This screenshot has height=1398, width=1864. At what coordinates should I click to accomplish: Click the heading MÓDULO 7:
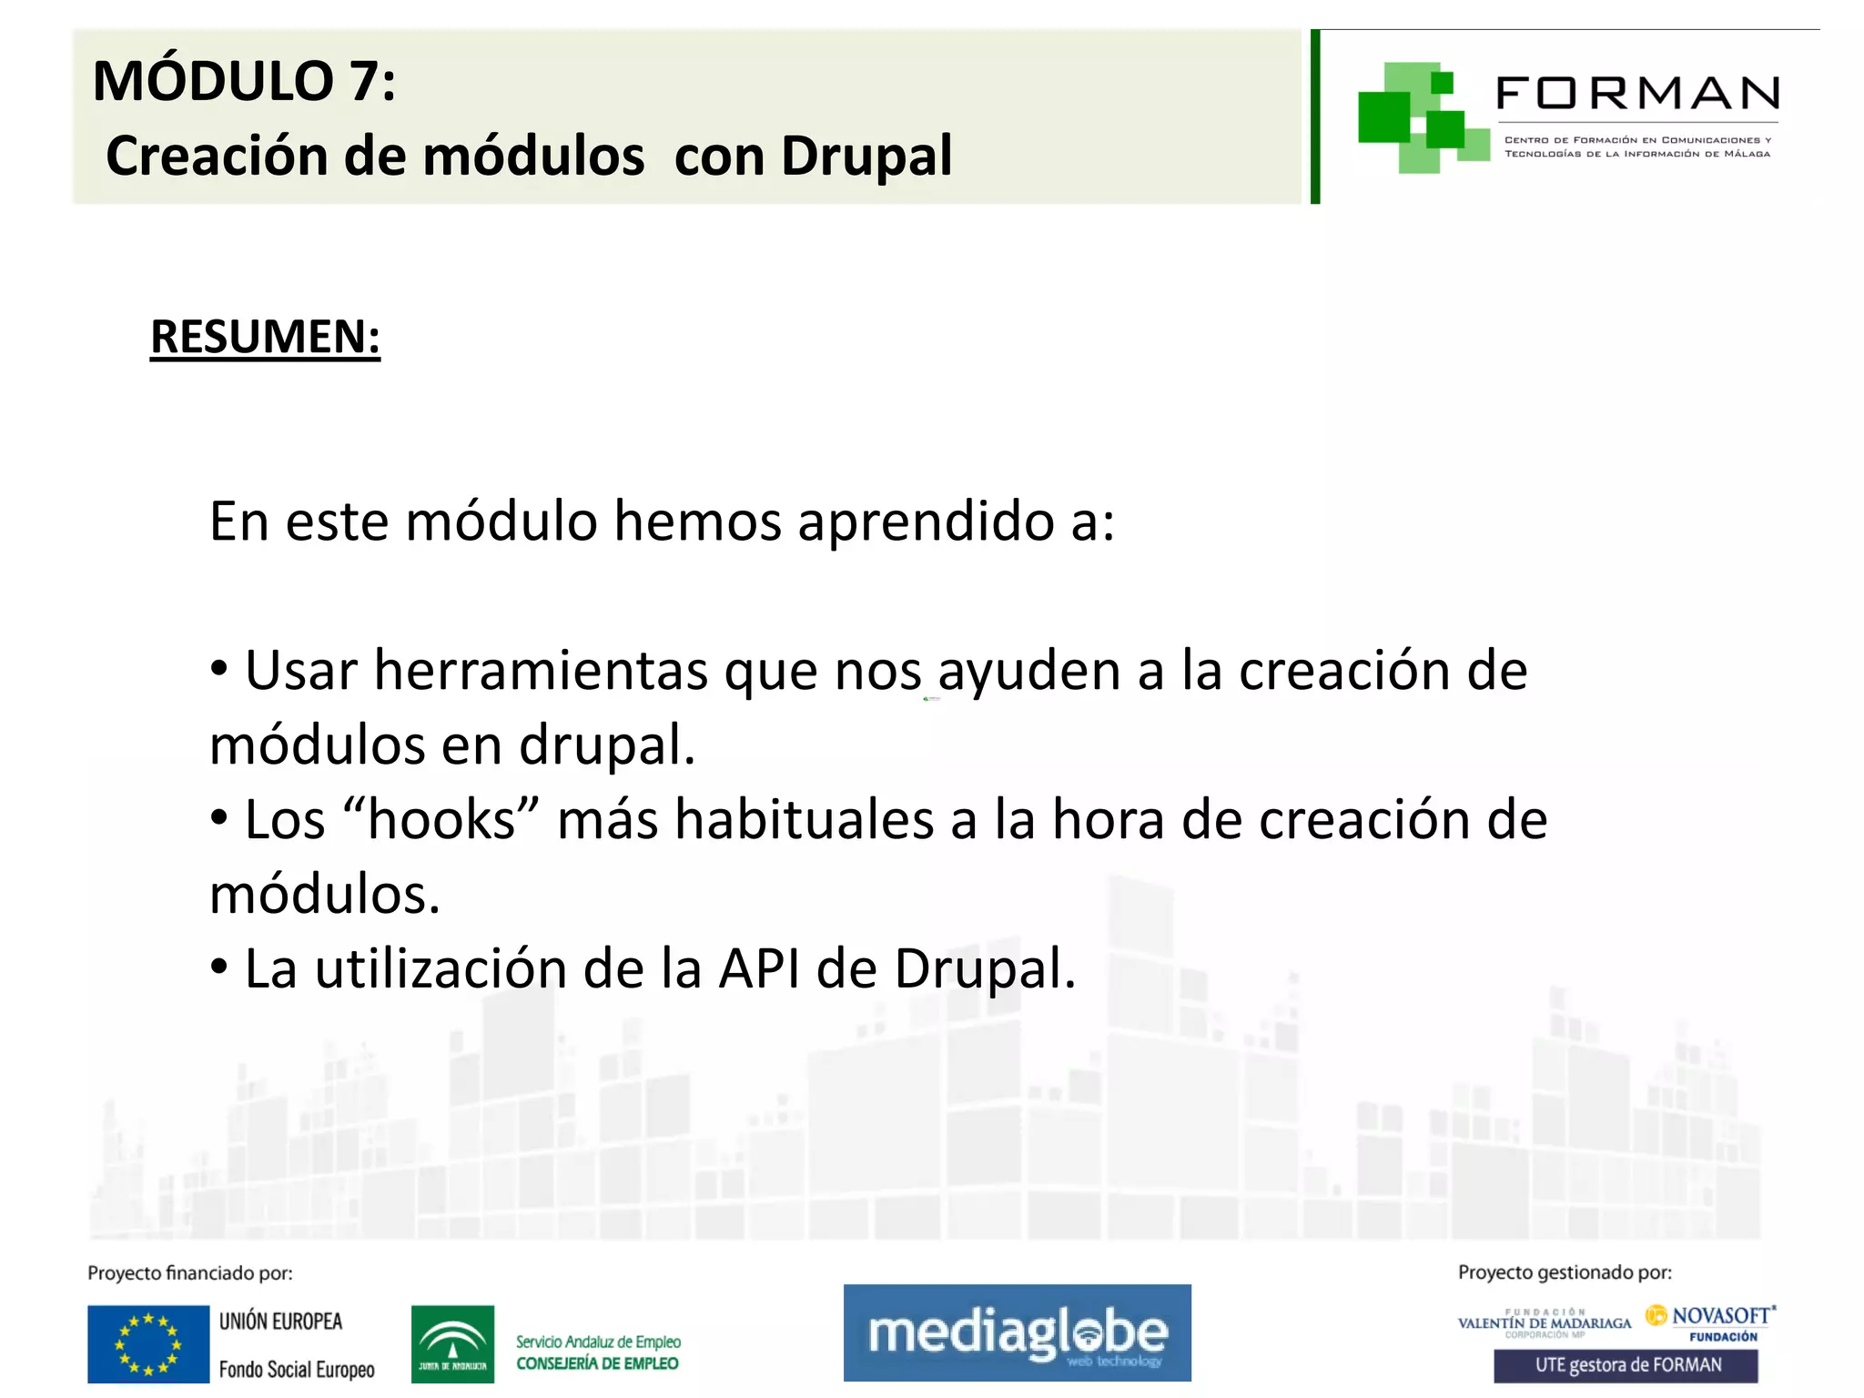[244, 81]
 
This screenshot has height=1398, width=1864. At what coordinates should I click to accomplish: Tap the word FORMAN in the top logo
[1637, 93]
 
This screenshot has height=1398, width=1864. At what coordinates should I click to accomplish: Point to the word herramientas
[541, 671]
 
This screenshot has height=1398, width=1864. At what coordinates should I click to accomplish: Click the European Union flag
[148, 1344]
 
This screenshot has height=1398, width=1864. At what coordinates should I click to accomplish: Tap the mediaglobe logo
[1017, 1332]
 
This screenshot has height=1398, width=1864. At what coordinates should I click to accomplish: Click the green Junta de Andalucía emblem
[452, 1344]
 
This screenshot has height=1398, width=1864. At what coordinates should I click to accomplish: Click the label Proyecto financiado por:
[190, 1273]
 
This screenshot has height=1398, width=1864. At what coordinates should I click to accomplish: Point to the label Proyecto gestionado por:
[1565, 1272]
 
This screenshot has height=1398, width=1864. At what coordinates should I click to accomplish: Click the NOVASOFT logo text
[1720, 1316]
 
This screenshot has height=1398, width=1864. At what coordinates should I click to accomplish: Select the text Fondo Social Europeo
[297, 1370]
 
